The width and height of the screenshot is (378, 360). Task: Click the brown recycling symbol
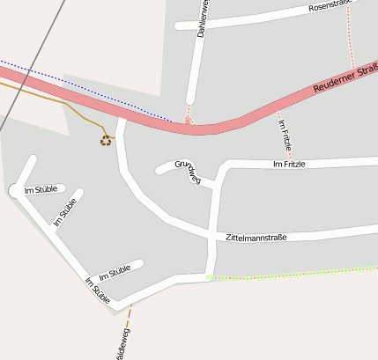[x=106, y=139]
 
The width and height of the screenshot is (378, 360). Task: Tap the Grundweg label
[x=189, y=172]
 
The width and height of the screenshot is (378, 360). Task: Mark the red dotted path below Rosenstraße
[x=352, y=40]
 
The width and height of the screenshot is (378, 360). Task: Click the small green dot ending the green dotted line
[x=209, y=277]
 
